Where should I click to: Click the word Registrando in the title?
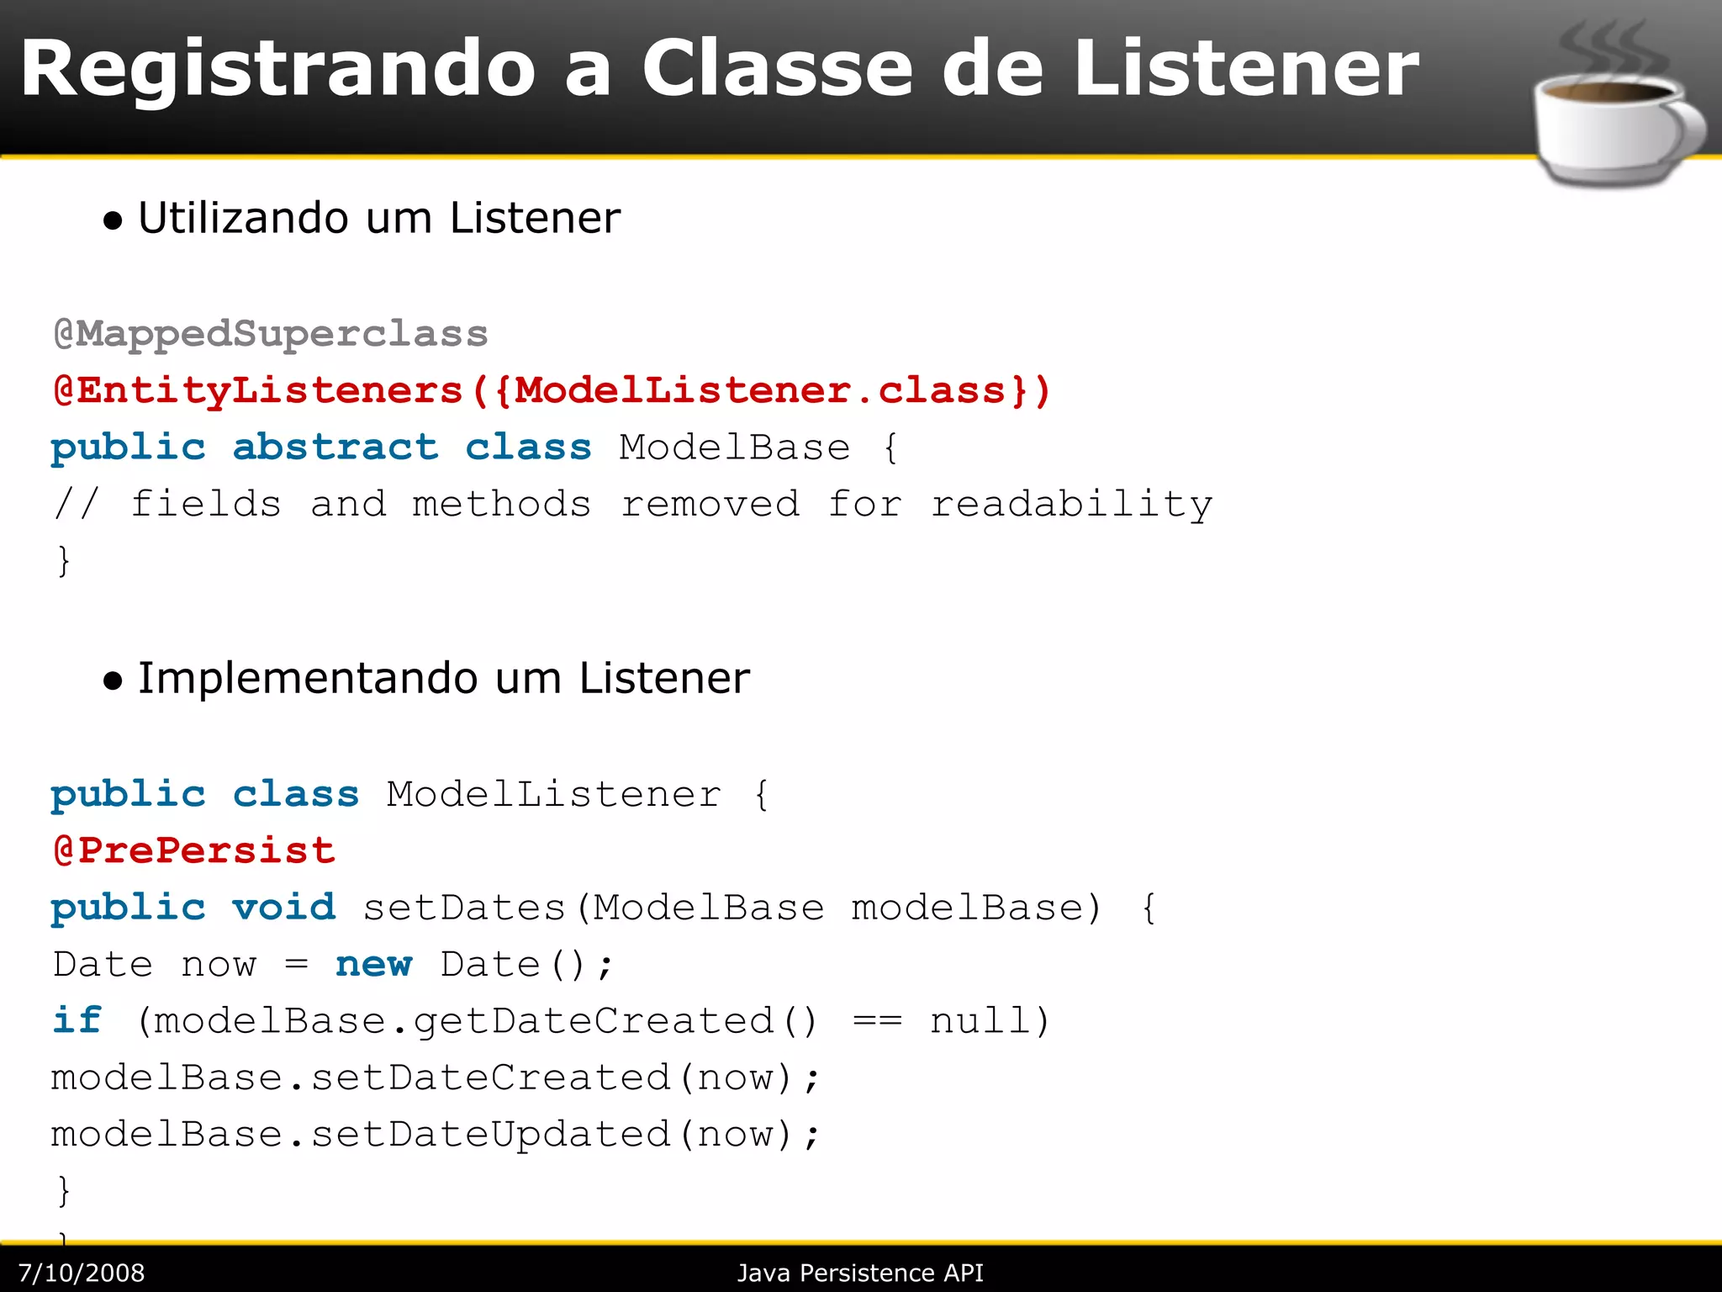point(277,70)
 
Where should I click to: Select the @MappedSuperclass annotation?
point(270,334)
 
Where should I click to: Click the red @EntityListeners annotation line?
point(551,390)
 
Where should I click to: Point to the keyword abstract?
point(335,447)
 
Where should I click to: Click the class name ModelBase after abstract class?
point(734,447)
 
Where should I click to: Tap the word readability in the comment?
point(1071,504)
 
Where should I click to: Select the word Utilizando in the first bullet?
point(243,218)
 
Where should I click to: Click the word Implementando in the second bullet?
point(307,678)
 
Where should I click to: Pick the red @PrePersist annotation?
point(194,850)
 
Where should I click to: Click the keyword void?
point(283,908)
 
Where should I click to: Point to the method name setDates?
point(463,908)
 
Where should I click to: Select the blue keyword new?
point(373,964)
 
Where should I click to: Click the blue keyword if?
point(77,1020)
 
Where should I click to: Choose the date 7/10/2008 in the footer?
point(82,1273)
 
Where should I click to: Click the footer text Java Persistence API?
point(860,1273)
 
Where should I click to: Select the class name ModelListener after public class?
point(553,794)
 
